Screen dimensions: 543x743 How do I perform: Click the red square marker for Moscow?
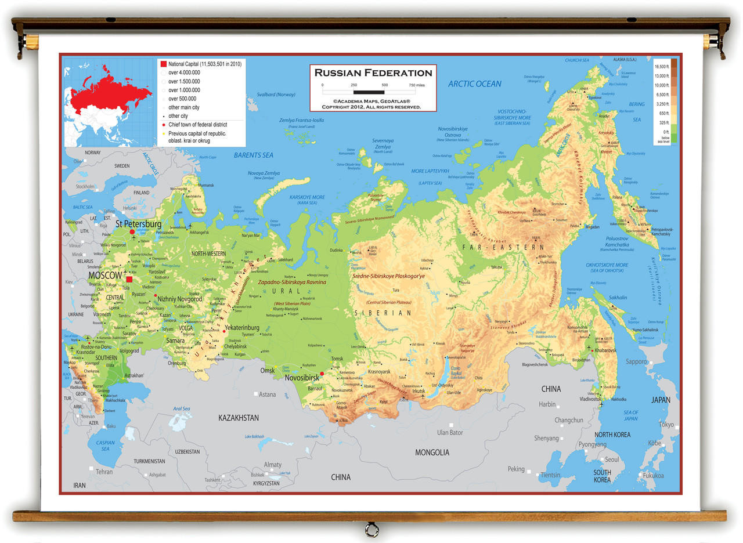(x=129, y=279)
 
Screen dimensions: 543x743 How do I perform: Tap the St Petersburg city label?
(x=138, y=224)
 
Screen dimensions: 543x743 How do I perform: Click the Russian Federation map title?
(x=373, y=73)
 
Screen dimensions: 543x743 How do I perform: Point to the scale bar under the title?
(x=369, y=92)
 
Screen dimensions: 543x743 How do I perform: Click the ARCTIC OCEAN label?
(x=474, y=84)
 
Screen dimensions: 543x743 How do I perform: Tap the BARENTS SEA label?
(x=253, y=155)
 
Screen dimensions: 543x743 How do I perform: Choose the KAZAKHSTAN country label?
(x=239, y=418)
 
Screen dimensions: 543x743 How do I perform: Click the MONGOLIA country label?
(x=431, y=453)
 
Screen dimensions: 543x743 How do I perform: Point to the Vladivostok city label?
(x=590, y=399)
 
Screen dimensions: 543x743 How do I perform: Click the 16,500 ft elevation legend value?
(x=662, y=67)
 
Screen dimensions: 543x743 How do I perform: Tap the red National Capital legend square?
(x=164, y=63)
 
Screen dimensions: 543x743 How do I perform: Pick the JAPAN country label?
(x=661, y=400)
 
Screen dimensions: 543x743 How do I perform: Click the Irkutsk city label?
(x=419, y=391)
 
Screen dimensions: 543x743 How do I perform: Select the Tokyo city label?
(x=667, y=425)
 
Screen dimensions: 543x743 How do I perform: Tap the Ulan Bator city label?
(x=450, y=432)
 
